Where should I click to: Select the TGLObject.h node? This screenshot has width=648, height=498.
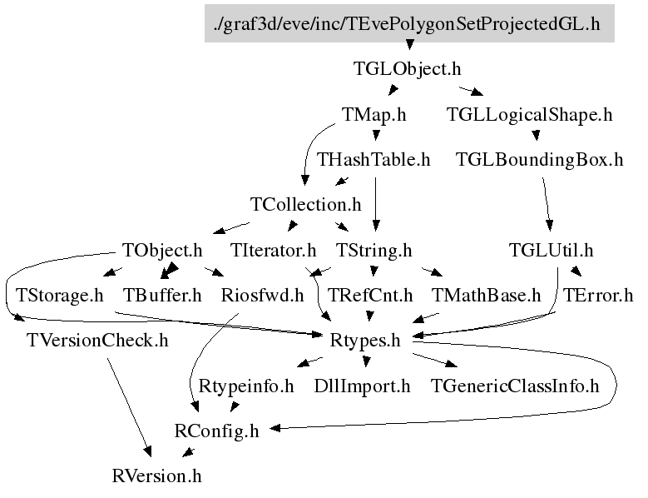[x=408, y=69]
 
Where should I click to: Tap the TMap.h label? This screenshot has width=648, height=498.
[x=374, y=115]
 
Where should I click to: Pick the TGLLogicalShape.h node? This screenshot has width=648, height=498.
[x=529, y=115]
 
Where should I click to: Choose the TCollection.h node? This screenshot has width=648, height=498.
[x=306, y=205]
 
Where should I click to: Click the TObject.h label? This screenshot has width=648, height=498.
[x=162, y=250]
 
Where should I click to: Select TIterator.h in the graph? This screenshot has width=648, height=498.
[x=274, y=250]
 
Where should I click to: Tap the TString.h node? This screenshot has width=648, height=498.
[x=374, y=250]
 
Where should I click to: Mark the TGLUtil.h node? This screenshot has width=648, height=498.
[x=552, y=250]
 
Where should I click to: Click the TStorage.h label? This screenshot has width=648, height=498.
[x=59, y=296]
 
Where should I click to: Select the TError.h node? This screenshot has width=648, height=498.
[x=598, y=296]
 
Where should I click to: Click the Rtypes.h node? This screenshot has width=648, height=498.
[x=366, y=341]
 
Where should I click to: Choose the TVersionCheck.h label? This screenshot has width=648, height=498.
[x=97, y=341]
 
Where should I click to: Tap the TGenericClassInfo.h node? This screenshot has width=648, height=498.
[x=516, y=386]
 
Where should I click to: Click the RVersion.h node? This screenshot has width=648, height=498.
[x=157, y=477]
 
